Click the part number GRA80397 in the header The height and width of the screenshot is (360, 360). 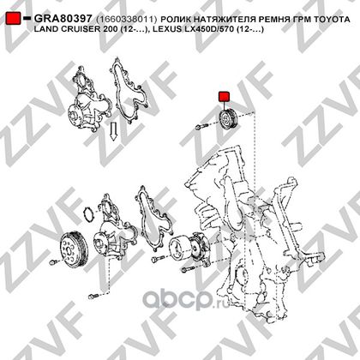click(63, 19)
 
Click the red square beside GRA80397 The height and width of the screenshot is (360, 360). click(14, 18)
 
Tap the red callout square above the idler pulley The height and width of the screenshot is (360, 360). click(224, 97)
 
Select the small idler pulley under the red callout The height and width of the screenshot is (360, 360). click(228, 120)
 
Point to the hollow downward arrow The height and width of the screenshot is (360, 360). click(114, 131)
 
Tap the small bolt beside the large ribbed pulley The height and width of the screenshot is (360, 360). click(53, 261)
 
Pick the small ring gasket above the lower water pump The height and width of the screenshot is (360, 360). click(88, 213)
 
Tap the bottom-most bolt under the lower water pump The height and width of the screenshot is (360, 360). click(93, 296)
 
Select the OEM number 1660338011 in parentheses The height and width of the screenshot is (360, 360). click(127, 19)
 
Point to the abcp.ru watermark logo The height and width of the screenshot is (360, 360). click(186, 299)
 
